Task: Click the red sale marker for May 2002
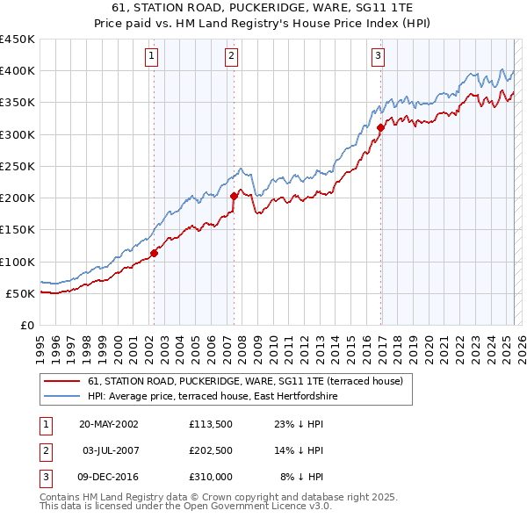154,253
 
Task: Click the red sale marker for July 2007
235,197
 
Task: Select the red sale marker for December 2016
380,128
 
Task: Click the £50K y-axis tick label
21,293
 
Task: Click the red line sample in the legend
62,381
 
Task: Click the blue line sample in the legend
62,397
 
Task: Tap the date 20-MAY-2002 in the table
108,423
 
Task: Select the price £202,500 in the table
210,450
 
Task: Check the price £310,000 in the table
210,477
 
